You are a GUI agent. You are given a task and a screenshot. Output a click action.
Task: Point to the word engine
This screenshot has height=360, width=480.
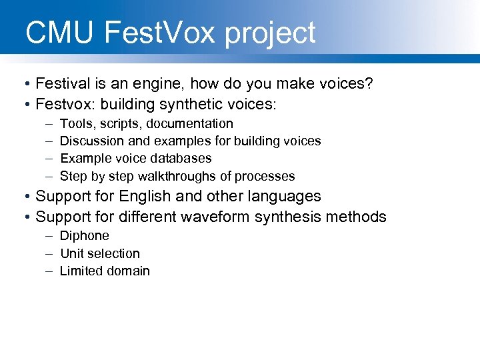pos(158,84)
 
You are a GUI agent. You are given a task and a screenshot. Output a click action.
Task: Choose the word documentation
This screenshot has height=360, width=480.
pos(190,124)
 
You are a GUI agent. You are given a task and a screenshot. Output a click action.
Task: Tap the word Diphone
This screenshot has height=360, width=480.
pos(85,236)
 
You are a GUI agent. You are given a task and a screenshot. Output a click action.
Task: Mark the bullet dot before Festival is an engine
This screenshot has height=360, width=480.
pos(23,84)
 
